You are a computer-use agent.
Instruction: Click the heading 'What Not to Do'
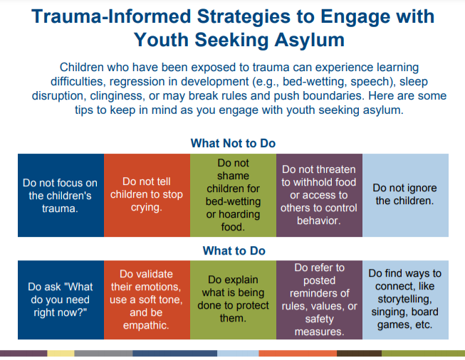click(233, 143)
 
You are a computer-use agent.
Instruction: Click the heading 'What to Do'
click(234, 250)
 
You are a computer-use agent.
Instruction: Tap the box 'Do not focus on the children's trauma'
click(61, 195)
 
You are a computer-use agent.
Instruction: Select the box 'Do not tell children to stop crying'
click(147, 195)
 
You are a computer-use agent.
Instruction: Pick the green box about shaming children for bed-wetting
click(233, 195)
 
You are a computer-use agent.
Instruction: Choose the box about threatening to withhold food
click(320, 195)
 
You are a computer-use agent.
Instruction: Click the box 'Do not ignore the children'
click(405, 195)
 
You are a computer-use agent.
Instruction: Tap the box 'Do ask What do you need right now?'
click(61, 300)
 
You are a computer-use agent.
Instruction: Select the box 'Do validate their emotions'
click(147, 300)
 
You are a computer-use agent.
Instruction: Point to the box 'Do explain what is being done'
click(233, 300)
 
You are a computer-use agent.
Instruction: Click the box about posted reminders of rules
click(320, 300)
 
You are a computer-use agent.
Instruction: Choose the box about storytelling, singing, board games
click(405, 300)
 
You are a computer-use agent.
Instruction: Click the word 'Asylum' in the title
click(309, 40)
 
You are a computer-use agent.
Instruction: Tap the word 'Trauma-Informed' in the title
click(111, 16)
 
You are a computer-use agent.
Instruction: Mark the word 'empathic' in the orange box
click(146, 325)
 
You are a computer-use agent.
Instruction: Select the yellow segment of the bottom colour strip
click(61, 353)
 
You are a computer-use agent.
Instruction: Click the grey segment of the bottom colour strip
click(103, 353)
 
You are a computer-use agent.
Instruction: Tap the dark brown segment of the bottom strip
click(359, 353)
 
